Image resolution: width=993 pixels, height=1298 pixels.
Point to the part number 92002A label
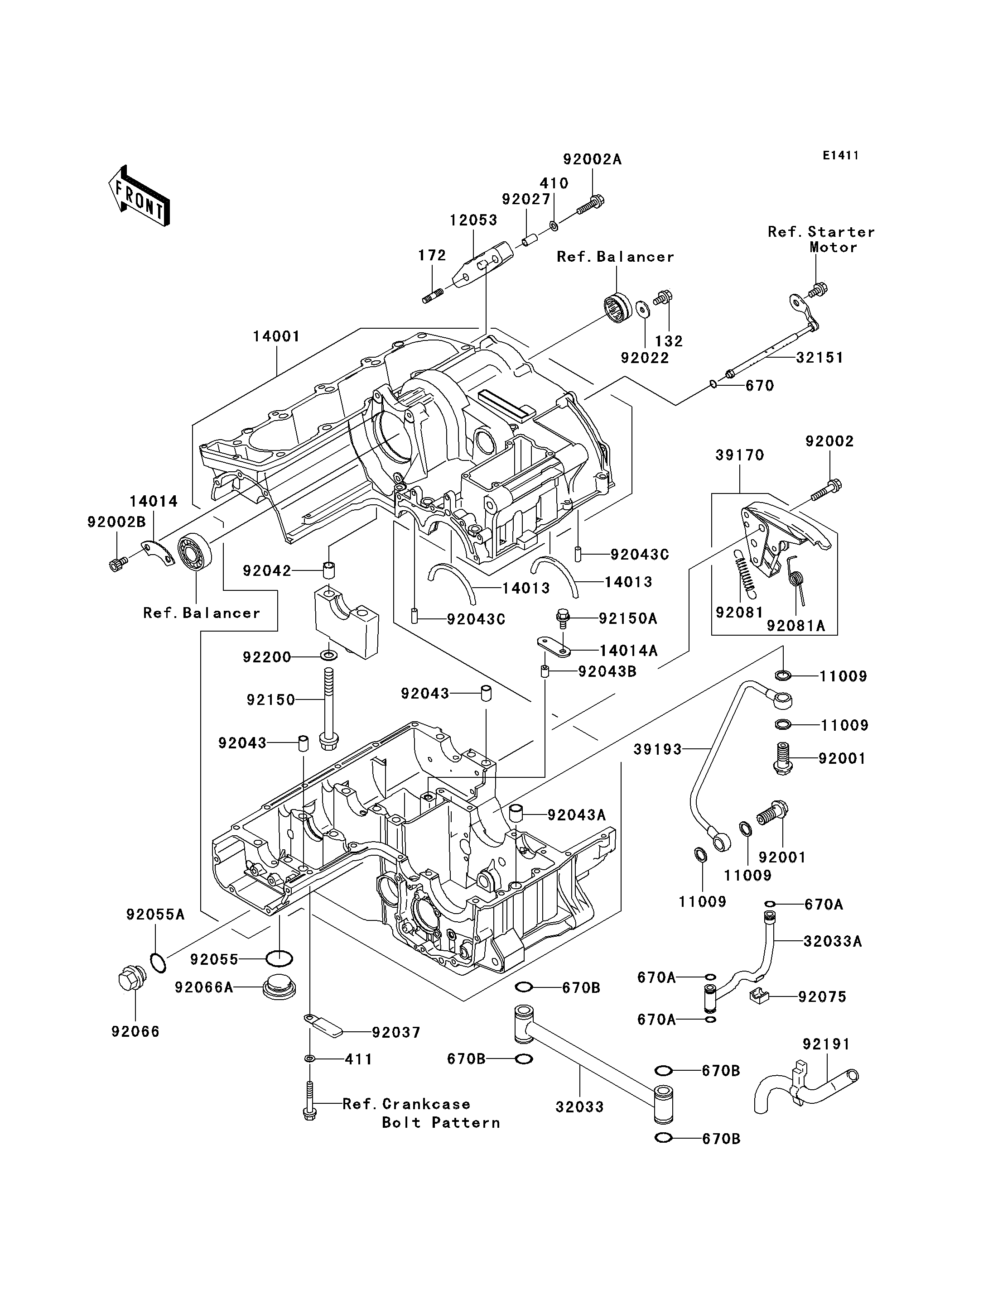(x=592, y=159)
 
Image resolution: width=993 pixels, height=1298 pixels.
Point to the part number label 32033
(x=579, y=1106)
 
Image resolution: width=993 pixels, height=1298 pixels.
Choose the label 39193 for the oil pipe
(x=657, y=749)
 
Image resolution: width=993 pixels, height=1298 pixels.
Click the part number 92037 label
(x=396, y=1032)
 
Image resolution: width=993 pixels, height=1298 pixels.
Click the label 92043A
(x=576, y=815)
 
